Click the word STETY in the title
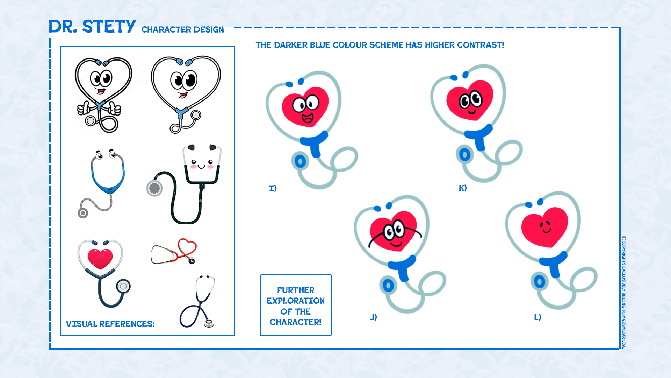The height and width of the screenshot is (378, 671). click(x=109, y=26)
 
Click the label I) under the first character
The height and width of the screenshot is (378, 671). click(x=273, y=188)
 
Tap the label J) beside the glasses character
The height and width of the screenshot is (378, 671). click(x=374, y=317)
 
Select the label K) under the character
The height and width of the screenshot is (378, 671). click(x=463, y=188)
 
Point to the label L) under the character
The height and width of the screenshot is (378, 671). click(x=537, y=317)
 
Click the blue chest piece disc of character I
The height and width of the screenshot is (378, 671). click(x=300, y=161)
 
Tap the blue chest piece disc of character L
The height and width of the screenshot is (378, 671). click(x=540, y=282)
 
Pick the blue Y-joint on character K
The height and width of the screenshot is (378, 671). click(x=478, y=136)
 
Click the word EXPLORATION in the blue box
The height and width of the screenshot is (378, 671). click(x=296, y=301)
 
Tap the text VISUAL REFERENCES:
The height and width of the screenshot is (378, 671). click(x=110, y=324)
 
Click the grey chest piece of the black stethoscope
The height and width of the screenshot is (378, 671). click(x=154, y=188)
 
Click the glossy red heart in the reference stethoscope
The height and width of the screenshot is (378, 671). click(x=100, y=259)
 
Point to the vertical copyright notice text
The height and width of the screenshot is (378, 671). click(x=624, y=292)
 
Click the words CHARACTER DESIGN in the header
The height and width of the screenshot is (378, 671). click(x=183, y=30)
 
